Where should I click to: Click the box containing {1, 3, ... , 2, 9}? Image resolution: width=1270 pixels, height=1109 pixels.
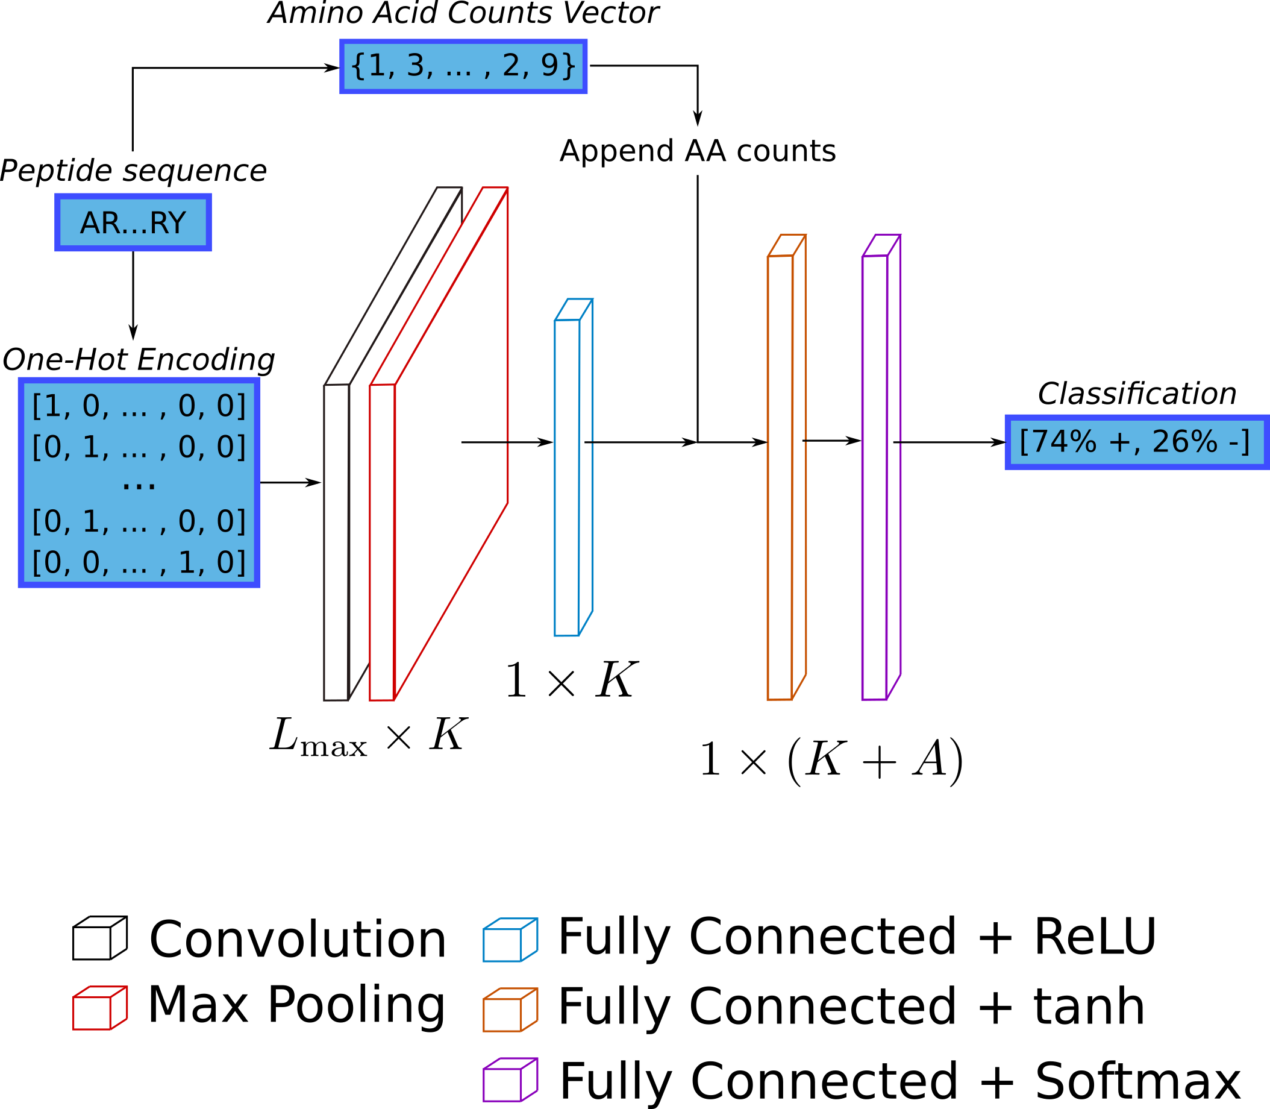(463, 66)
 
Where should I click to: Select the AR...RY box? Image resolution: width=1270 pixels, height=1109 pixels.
(133, 223)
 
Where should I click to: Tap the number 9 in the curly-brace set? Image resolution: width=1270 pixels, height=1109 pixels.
(549, 66)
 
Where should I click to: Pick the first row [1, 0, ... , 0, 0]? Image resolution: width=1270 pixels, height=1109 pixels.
(139, 407)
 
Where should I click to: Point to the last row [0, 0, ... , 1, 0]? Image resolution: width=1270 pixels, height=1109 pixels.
(139, 562)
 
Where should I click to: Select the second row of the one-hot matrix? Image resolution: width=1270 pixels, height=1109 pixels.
(139, 447)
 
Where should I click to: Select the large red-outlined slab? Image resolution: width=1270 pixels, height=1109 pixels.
(452, 433)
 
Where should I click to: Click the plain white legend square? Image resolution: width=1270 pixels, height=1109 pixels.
(92, 943)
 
